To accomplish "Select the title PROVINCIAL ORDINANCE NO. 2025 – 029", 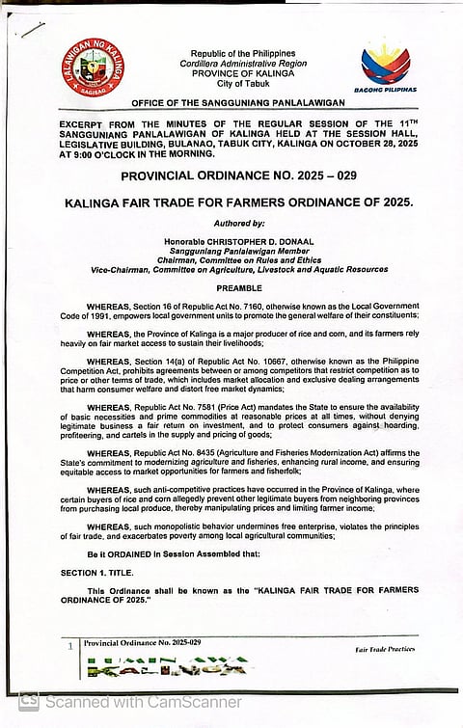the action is point(231,176).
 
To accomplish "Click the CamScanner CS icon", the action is point(29,702).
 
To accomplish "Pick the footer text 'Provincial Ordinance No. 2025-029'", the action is point(142,642).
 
